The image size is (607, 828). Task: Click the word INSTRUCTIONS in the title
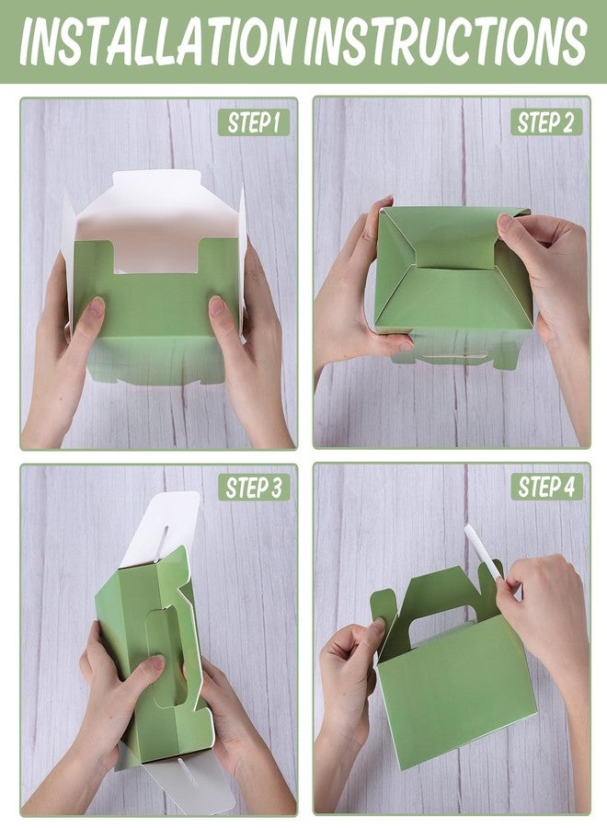point(445,41)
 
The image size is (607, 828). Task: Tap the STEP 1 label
point(253,122)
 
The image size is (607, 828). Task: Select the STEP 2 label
point(545,122)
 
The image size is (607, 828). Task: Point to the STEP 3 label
point(254,488)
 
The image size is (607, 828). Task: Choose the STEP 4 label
point(546,487)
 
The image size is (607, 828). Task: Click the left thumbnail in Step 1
point(97,307)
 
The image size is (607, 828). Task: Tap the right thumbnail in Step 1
point(217,305)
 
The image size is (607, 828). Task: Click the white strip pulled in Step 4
point(483,552)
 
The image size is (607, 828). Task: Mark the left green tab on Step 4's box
point(384,613)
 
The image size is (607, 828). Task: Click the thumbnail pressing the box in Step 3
point(157,662)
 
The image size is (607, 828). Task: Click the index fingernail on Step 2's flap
point(504,222)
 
